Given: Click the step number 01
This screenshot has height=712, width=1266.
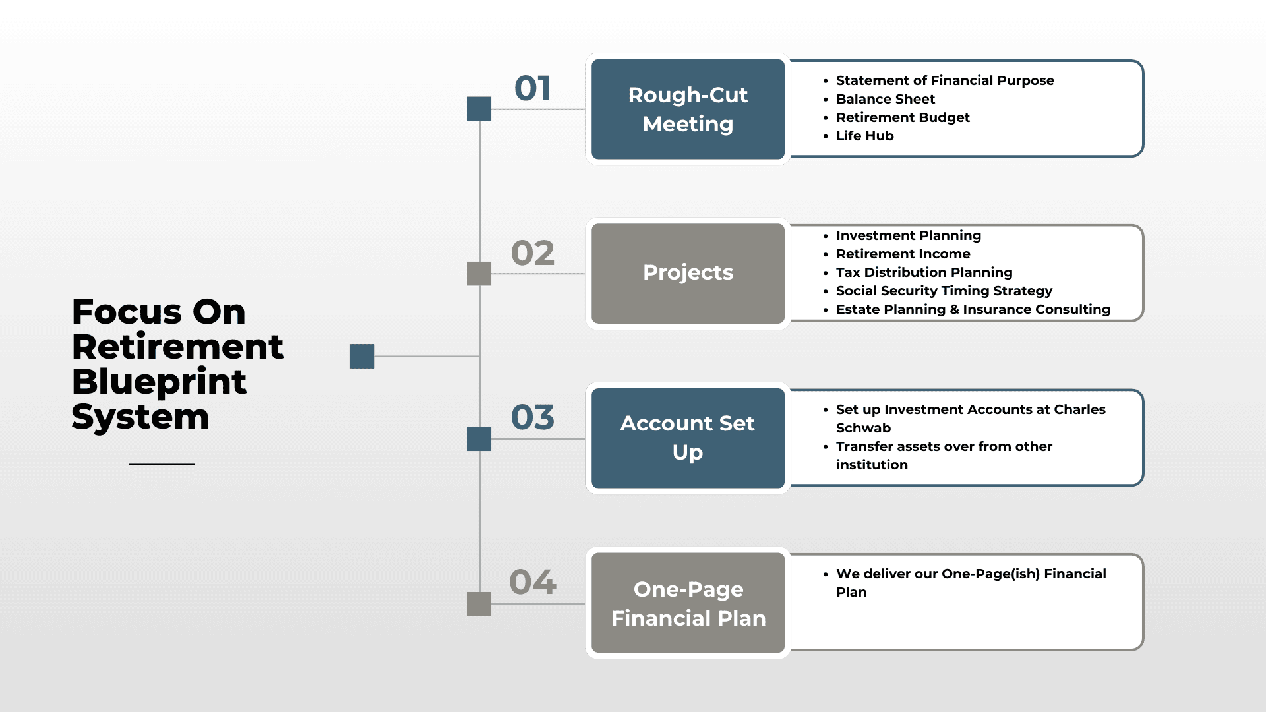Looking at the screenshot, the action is click(532, 88).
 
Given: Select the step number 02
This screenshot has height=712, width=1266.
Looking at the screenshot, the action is click(533, 253).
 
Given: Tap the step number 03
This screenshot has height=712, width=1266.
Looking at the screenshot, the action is click(533, 417).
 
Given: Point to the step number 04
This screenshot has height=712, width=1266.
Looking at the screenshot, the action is click(533, 582).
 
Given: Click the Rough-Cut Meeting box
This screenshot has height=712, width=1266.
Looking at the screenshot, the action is click(688, 109).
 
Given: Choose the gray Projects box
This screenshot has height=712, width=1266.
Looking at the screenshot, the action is click(688, 274).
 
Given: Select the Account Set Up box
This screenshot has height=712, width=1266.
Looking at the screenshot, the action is click(688, 438).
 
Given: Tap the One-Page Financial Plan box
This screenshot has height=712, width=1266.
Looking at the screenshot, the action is click(688, 603).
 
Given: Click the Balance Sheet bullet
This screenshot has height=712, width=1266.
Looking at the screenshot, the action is click(885, 99).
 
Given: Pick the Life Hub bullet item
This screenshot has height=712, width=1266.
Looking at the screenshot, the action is click(864, 136).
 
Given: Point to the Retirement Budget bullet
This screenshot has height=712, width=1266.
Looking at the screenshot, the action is click(903, 117).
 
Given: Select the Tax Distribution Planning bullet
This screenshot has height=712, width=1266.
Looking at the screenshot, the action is click(924, 272).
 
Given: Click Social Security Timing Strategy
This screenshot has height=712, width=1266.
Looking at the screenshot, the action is click(944, 291).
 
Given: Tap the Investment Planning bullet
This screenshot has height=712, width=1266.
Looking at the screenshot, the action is click(909, 235).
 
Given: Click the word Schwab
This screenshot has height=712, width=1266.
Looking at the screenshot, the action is click(863, 428).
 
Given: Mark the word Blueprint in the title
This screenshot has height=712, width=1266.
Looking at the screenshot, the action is click(159, 383).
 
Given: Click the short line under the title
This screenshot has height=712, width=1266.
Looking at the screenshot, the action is click(162, 464).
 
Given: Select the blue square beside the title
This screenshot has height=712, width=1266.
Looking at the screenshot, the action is click(362, 357).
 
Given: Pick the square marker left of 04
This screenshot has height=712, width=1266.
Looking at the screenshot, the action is click(479, 604).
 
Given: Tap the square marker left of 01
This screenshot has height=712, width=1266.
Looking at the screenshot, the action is click(479, 109).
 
